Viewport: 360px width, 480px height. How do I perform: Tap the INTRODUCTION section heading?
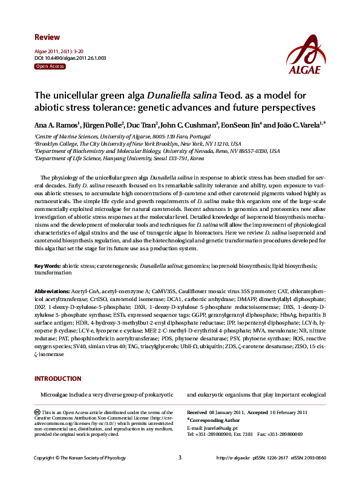[60, 379]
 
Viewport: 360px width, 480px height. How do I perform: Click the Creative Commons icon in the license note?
[38, 412]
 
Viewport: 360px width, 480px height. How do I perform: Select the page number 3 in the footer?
[180, 457]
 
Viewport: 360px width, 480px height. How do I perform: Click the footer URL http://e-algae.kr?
[232, 458]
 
